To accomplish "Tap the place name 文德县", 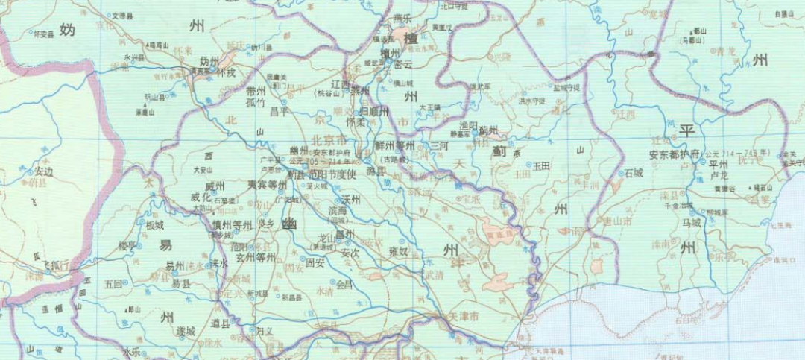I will coord(123,15).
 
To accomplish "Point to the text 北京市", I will coord(327,140).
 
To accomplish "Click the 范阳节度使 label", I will coord(330,174).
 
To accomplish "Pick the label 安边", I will coord(44,171).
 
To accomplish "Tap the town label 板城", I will coord(154,224).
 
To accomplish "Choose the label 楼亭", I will coord(127,244).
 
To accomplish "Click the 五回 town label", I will coord(113,283).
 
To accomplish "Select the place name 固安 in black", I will coord(315,262).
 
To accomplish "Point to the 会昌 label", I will coord(344,284).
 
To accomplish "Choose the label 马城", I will coord(691,222).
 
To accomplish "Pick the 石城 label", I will coord(634,173).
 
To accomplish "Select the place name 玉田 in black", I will coord(540,168).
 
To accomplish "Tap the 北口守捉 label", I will coord(454,6).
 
